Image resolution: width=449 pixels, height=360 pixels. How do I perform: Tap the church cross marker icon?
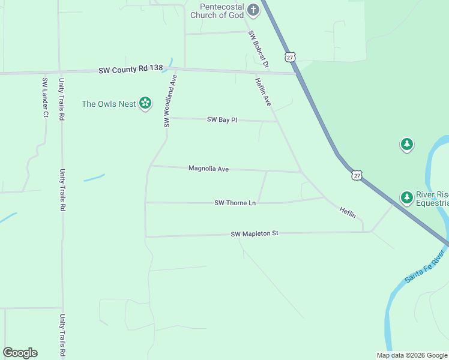[x=253, y=10]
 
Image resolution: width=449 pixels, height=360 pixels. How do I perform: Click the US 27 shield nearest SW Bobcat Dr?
[x=291, y=57]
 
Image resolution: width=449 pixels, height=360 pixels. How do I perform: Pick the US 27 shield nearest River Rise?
[x=357, y=175]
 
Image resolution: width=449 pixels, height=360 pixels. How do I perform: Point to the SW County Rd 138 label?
[x=131, y=70]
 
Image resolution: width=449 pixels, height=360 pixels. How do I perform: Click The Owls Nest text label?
[x=109, y=104]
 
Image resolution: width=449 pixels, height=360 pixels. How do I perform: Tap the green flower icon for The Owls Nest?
[x=145, y=104]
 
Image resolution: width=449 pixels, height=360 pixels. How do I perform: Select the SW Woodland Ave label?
[x=170, y=101]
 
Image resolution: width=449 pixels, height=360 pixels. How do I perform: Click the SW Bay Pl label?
[x=222, y=120]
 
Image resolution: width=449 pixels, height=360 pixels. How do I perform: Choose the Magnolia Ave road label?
[x=208, y=169]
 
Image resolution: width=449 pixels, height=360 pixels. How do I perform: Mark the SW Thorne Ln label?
[x=235, y=203]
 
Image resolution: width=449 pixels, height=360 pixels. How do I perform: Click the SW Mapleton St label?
[x=255, y=233]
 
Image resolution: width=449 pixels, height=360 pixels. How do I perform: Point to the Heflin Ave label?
[x=263, y=92]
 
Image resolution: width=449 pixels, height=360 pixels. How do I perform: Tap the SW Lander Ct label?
[x=45, y=97]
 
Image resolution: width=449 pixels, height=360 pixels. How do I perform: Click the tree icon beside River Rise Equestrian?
[x=406, y=197]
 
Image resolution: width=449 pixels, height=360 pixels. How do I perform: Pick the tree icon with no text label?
[x=407, y=144]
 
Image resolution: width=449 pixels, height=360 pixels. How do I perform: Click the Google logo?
[x=20, y=353]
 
